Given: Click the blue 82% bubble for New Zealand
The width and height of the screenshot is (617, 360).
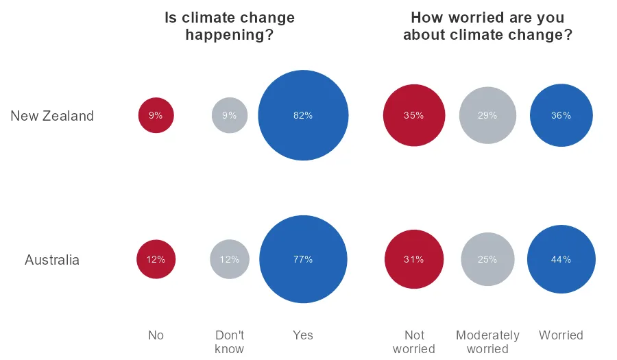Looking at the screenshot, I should point(303,115).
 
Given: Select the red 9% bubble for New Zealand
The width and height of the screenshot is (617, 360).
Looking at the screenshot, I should point(156,115).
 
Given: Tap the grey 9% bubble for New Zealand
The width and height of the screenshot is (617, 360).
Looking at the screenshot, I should point(230,115).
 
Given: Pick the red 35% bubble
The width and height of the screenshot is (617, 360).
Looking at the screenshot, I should point(413,115).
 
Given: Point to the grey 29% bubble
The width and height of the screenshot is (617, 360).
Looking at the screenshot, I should point(487,115).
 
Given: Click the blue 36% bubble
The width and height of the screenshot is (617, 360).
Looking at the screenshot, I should point(561,115).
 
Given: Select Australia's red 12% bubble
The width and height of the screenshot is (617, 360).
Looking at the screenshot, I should point(156,259).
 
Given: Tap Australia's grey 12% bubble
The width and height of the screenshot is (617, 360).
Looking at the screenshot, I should point(230,259).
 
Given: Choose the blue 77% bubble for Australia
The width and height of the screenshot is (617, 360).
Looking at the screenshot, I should point(303,259).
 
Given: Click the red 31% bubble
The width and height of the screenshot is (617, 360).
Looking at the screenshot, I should point(413,259).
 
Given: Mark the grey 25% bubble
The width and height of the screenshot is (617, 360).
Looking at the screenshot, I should point(487,259).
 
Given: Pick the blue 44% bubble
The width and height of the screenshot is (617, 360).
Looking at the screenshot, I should point(561,259).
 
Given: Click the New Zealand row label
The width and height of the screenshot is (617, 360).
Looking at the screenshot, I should point(52,116).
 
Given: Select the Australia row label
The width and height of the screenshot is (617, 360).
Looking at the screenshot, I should point(52,260).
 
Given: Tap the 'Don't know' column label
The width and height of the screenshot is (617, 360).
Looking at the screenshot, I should point(230,341).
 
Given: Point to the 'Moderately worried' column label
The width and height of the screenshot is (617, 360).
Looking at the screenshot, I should point(487,341).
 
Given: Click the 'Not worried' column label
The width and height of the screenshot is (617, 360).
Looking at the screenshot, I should point(414,341).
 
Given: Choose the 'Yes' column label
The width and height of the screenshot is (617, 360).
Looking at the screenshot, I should point(303,335).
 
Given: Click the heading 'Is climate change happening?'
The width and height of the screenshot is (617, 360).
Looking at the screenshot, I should point(230,26).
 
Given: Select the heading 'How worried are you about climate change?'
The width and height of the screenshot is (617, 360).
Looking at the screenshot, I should point(487,26).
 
